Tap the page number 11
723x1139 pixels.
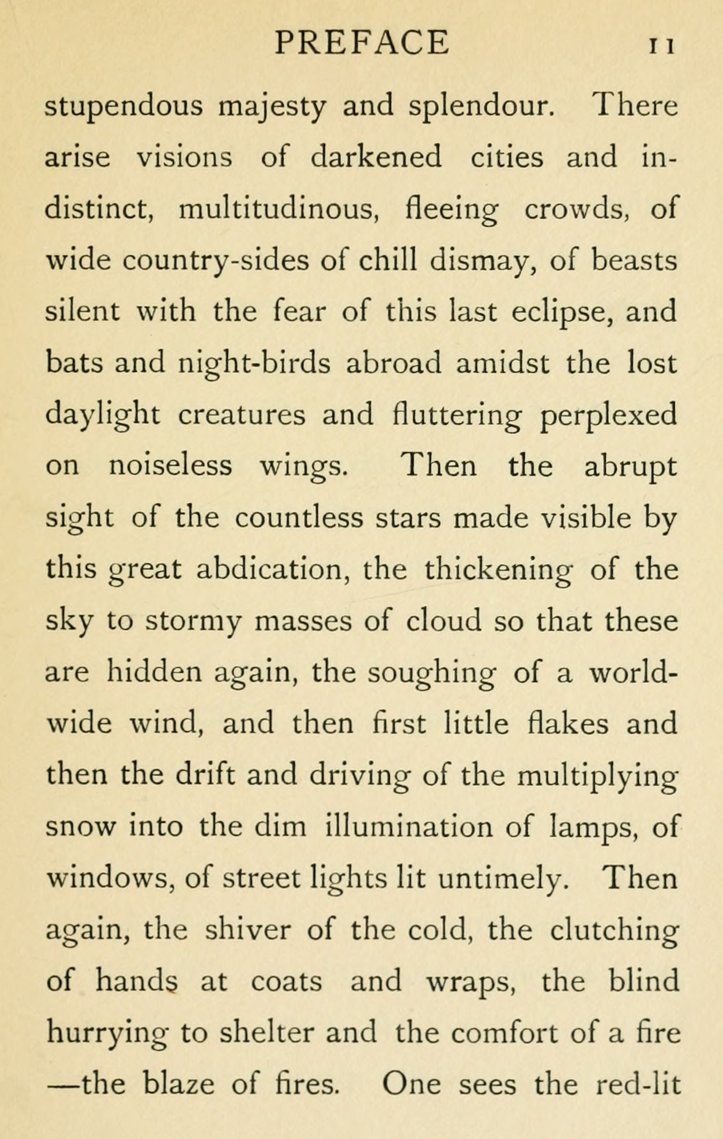(662, 46)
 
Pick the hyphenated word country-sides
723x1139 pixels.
(215, 260)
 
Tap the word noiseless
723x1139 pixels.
(170, 466)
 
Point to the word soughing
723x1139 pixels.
(431, 673)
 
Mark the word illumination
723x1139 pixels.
(409, 827)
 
